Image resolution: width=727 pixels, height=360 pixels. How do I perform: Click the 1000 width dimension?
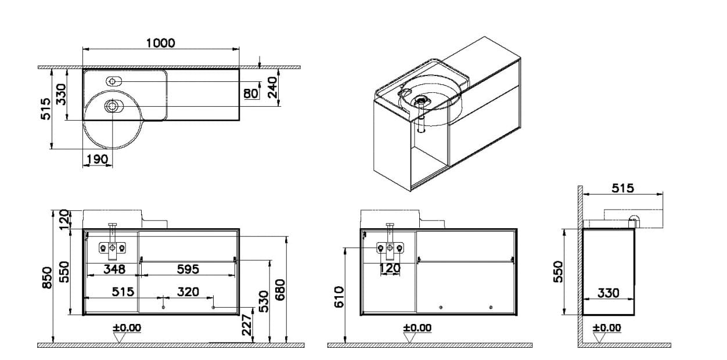pos(160,43)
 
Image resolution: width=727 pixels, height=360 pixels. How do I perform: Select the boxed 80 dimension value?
pos(251,93)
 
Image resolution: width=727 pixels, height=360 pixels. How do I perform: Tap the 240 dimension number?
pos(272,88)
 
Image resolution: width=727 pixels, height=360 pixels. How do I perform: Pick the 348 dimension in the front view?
pos(114,269)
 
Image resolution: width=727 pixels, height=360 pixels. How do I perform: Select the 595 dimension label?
pos(188,269)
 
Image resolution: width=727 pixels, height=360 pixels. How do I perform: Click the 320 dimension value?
pos(188,291)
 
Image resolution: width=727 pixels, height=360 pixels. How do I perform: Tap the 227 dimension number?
pos(246,323)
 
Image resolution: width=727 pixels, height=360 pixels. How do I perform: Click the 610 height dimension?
pos(340,296)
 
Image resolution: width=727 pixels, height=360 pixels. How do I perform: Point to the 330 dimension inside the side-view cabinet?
pos(608,293)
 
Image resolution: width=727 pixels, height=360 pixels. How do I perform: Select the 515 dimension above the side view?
pos(622,188)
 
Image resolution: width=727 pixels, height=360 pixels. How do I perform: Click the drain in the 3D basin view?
pos(422,100)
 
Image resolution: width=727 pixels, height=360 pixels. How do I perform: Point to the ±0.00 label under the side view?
pos(607,328)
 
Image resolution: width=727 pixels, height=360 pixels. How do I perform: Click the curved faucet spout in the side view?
pos(636,219)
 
